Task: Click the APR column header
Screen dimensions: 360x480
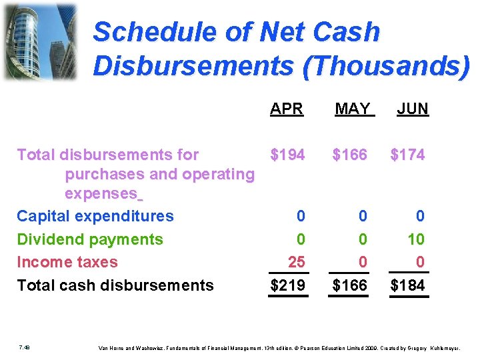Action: [x=287, y=109]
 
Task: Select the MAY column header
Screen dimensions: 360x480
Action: [x=352, y=109]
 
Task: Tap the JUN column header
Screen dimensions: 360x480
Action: [x=412, y=109]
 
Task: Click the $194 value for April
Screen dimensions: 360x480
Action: [x=287, y=155]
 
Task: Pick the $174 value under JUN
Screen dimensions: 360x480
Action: [x=407, y=155]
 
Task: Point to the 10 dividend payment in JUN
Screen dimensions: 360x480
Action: [x=416, y=239]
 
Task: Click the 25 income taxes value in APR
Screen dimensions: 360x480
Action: [x=296, y=262]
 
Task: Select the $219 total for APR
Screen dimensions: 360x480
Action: [x=287, y=285]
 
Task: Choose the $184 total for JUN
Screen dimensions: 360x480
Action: [x=407, y=285]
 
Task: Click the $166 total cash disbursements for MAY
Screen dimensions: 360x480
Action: [x=349, y=285]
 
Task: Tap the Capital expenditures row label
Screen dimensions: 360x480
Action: [x=95, y=216]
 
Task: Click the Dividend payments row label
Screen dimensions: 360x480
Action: [x=89, y=239]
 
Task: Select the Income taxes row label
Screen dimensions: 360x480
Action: [x=67, y=262]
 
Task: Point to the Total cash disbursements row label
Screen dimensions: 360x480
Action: [x=115, y=285]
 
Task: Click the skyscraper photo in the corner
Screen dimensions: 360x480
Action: [x=40, y=41]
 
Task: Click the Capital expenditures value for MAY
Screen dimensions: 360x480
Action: [x=362, y=216]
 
